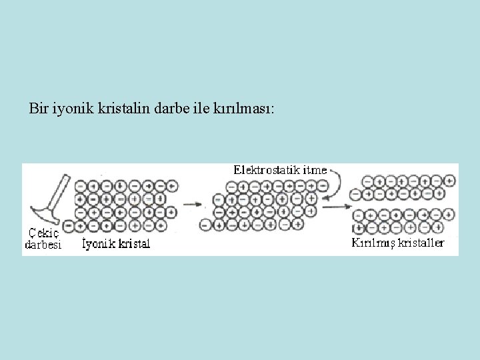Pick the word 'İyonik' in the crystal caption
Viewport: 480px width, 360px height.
coord(97,244)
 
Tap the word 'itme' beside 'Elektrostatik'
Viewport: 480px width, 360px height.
coord(315,170)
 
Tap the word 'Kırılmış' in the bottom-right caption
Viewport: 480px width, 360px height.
coord(374,243)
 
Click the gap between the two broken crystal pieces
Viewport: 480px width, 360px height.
coord(407,203)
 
